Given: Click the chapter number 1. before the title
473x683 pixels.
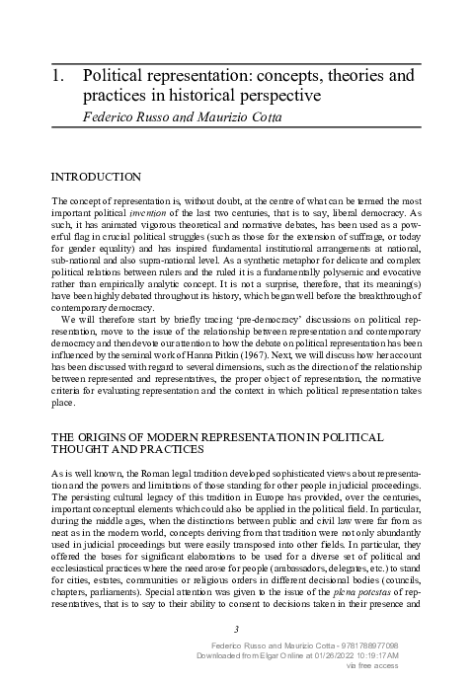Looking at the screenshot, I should click(x=56, y=74).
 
